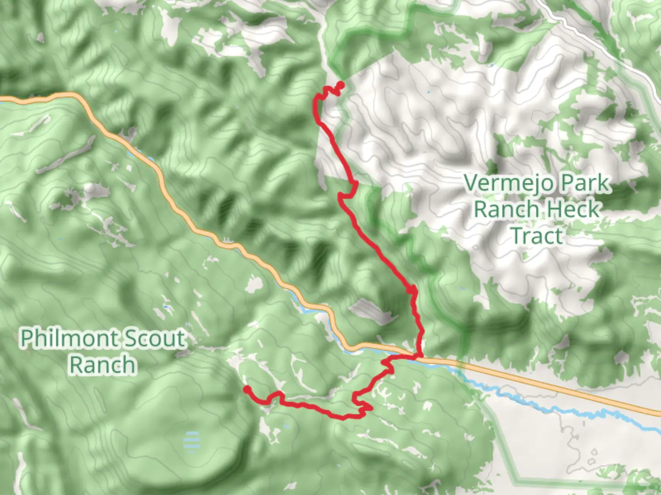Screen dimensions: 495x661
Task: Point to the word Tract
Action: (x=537, y=236)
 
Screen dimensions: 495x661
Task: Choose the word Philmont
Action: (x=67, y=339)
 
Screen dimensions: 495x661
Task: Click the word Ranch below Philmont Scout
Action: (x=102, y=365)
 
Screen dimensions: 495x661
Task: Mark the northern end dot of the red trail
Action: (x=341, y=84)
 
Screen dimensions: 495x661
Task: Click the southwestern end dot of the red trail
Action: (x=246, y=389)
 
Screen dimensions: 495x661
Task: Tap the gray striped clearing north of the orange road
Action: (x=370, y=310)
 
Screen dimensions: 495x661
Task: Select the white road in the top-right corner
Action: (x=597, y=41)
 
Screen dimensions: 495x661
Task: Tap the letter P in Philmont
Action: (x=27, y=339)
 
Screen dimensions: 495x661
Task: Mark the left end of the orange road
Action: (x=2, y=99)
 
